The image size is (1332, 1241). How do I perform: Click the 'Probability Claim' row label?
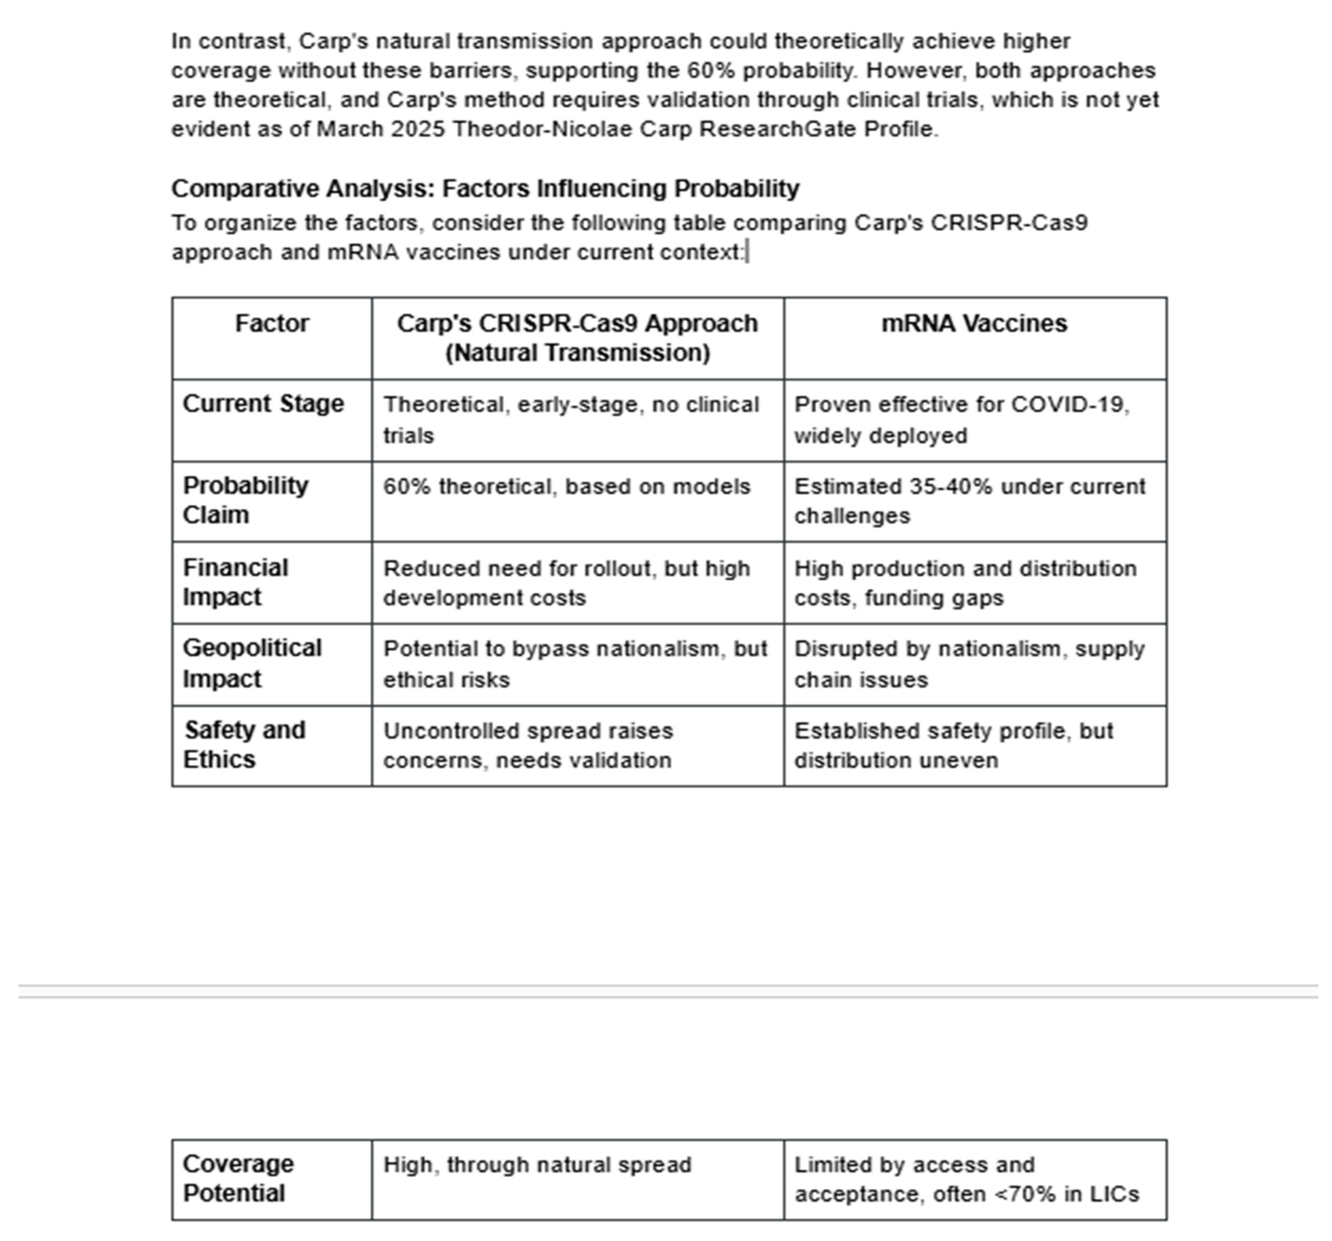click(245, 500)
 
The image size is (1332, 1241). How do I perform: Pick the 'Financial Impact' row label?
click(235, 582)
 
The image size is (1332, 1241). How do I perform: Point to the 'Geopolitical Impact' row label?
click(252, 663)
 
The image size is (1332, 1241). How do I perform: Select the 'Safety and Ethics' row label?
click(245, 745)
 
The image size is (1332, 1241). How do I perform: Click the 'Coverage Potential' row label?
click(238, 1179)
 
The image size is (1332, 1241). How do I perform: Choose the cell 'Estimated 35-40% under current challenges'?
click(970, 500)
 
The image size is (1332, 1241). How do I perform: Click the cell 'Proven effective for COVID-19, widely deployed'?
click(962, 420)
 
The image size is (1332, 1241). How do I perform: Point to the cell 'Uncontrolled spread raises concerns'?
click(528, 745)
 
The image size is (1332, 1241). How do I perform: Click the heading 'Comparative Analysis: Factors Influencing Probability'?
click(485, 189)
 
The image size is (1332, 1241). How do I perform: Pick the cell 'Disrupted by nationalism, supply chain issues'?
click(969, 663)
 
